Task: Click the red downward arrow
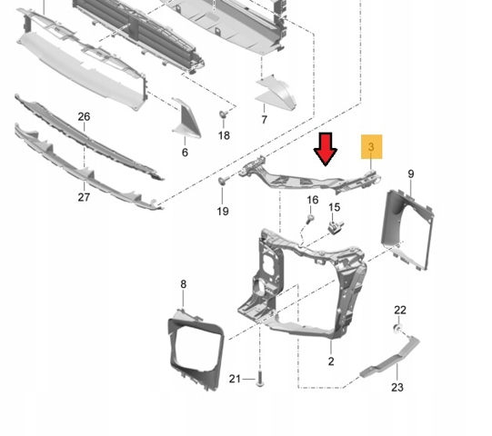(x=326, y=149)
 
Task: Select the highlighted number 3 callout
(x=372, y=146)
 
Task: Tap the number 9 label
(x=411, y=174)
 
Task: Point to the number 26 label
(x=84, y=116)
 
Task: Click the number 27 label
(x=84, y=197)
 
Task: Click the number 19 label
(x=223, y=212)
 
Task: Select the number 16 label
(x=313, y=200)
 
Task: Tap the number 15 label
(x=335, y=207)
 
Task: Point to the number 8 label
(x=183, y=284)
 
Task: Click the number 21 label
(x=235, y=379)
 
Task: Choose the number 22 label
(x=400, y=310)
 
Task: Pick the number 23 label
(x=397, y=388)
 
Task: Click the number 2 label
(x=331, y=362)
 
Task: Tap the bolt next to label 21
(x=259, y=379)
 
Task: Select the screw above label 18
(x=224, y=114)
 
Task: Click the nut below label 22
(x=397, y=329)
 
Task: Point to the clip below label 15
(x=335, y=226)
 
